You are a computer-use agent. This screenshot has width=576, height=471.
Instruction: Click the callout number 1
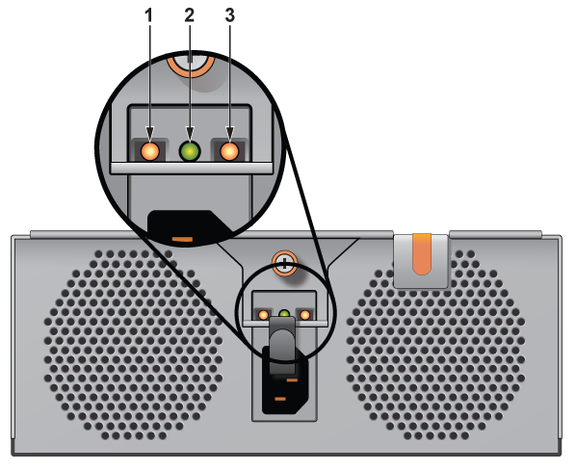coord(148,15)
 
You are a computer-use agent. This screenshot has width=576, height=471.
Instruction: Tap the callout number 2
coord(189,15)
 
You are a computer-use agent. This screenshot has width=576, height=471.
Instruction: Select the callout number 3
coord(230,15)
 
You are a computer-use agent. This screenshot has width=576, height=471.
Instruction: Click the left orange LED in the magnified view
coord(150,151)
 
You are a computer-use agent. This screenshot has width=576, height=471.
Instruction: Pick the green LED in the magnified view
coord(190,151)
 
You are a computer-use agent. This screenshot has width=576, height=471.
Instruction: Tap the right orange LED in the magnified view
coord(229,151)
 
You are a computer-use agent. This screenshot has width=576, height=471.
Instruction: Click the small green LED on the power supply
coord(284,314)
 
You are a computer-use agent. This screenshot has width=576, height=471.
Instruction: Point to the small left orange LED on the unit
coord(263,315)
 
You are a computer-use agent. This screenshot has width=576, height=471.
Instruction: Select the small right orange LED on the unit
coord(305,315)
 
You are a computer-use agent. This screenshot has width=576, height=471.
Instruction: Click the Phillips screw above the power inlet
coord(285,263)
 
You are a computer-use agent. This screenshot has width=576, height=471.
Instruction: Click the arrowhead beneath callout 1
coord(149,133)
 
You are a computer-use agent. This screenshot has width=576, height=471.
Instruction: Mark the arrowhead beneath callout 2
coord(190,133)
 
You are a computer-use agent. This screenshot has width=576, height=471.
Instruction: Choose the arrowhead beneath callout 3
coord(230,133)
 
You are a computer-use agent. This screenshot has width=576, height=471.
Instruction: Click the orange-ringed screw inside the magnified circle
coord(190,65)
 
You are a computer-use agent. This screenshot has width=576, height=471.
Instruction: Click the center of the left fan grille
coord(133,345)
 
